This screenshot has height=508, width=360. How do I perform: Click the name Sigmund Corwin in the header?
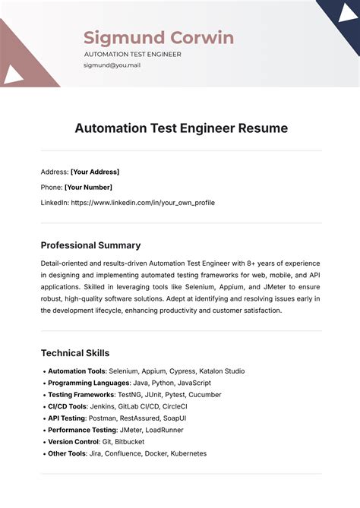(x=158, y=38)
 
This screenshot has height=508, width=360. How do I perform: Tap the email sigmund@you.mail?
(x=112, y=65)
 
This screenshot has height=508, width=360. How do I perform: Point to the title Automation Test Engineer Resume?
(x=181, y=128)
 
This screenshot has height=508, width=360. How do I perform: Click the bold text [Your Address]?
(x=95, y=172)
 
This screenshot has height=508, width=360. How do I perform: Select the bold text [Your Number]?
(x=88, y=187)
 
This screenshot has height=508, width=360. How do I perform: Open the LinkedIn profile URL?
(x=143, y=203)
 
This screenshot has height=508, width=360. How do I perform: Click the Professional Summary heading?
(x=90, y=245)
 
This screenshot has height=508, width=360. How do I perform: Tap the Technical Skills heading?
(x=75, y=353)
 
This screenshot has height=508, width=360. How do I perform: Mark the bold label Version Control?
(x=74, y=441)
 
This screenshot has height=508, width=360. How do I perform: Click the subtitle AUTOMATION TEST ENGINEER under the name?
(x=132, y=55)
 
